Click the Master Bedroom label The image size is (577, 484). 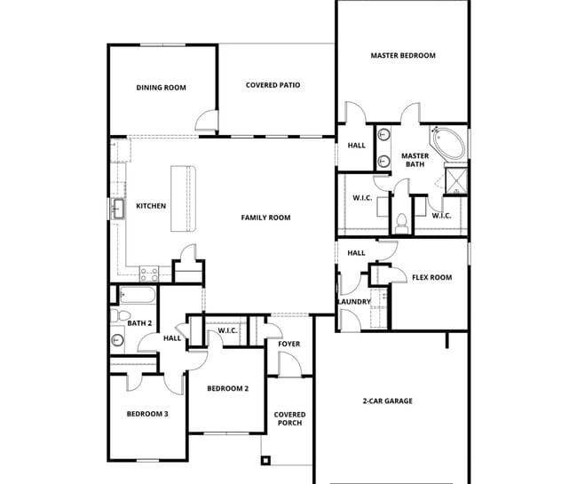[x=402, y=56]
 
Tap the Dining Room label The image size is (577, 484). [x=161, y=88]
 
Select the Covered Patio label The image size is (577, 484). [x=273, y=85]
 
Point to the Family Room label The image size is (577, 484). [x=265, y=218]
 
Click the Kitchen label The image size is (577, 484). [x=151, y=207]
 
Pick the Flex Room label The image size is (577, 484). [x=431, y=278]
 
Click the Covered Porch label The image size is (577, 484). [x=289, y=418]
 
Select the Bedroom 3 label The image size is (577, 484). [x=146, y=414]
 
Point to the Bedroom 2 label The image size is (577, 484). [x=227, y=389]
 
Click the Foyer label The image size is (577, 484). [x=288, y=345]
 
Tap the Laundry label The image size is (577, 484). [x=353, y=302]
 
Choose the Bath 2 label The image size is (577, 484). [x=139, y=323]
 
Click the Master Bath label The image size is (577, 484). [x=415, y=161]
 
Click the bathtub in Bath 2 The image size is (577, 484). [x=138, y=296]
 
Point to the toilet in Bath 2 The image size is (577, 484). [x=115, y=315]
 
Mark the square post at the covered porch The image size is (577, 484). [x=265, y=460]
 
